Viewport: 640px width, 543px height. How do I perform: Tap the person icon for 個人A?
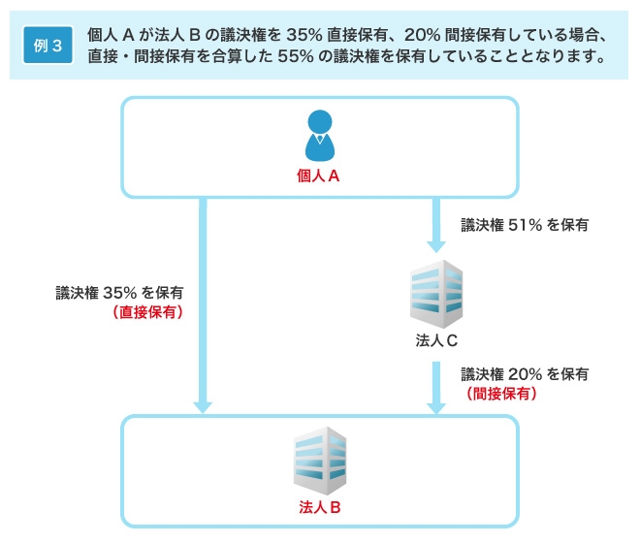319,136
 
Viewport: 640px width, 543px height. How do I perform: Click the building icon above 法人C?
435,292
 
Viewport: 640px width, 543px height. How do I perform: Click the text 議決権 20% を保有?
525,373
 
